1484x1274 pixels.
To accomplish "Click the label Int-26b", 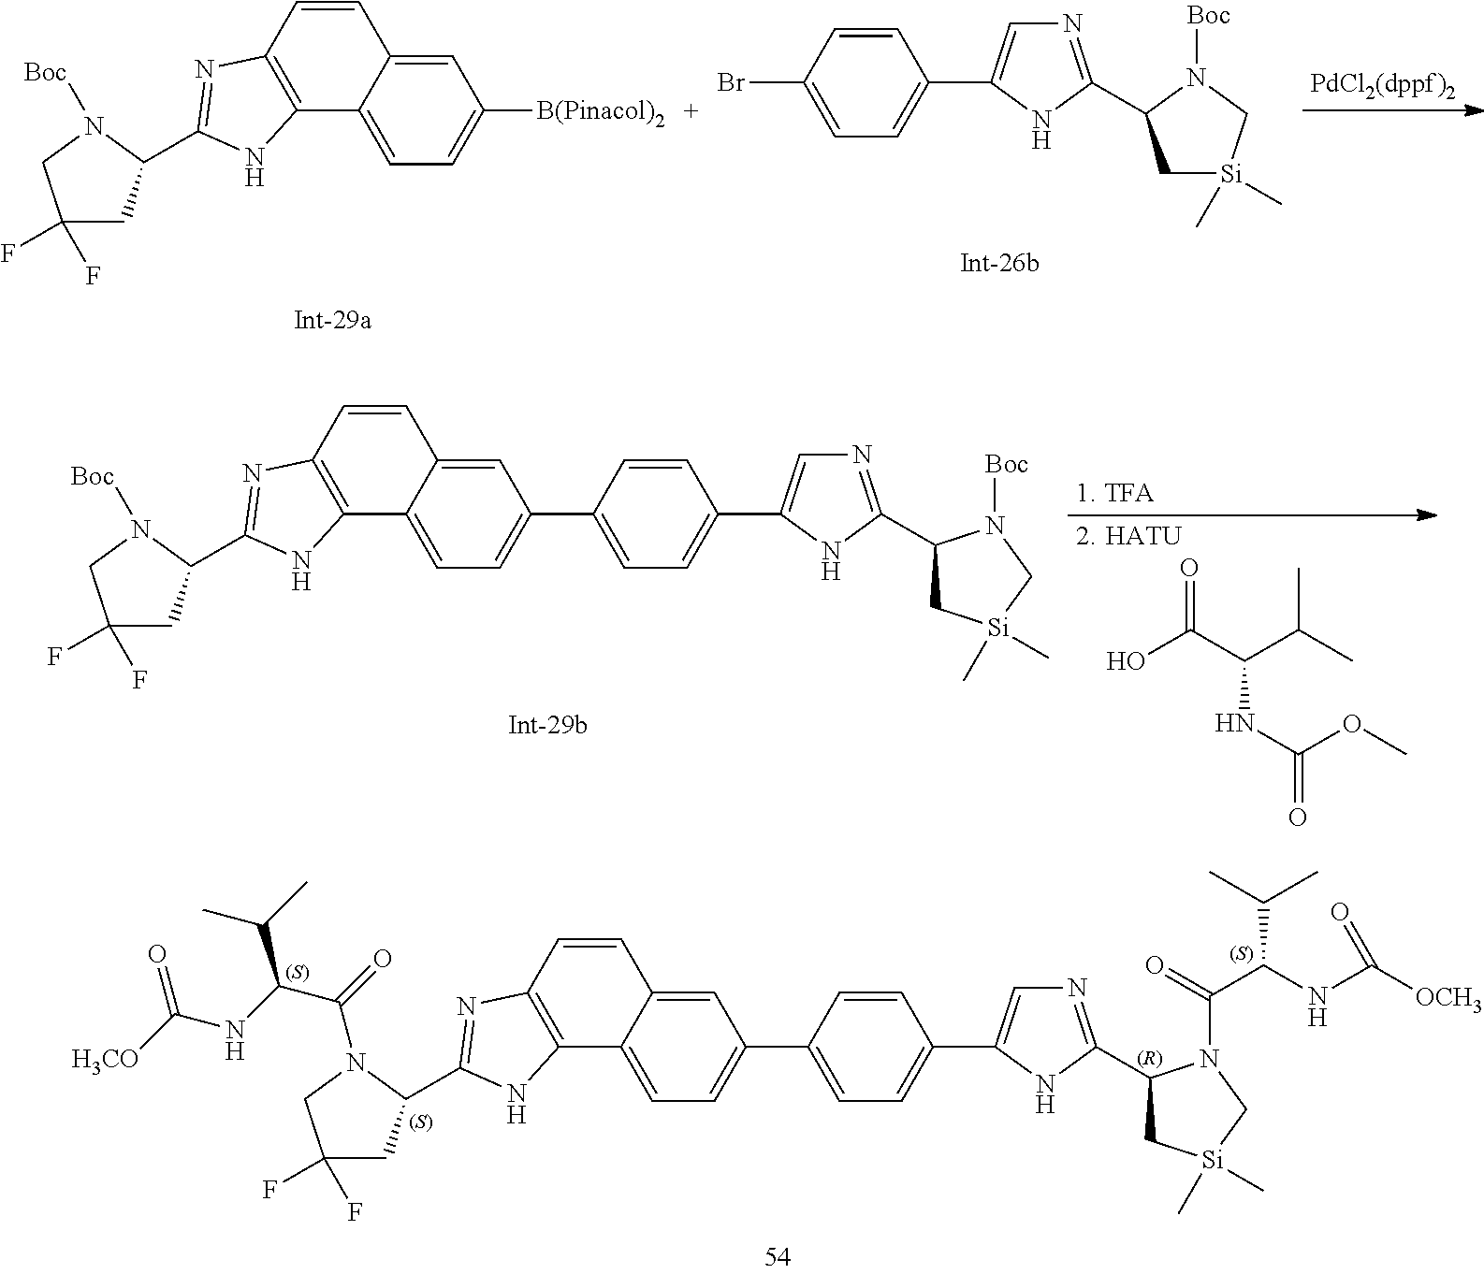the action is (1000, 263).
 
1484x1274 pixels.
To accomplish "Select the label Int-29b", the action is (547, 725).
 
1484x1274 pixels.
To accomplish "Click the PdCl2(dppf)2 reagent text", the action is (1384, 85).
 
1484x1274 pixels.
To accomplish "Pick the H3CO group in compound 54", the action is (103, 1059).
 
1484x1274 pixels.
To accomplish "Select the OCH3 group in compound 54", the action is (1448, 1000).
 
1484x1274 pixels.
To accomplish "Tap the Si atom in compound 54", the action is (1213, 1162).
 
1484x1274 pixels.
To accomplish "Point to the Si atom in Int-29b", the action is (1000, 630).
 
